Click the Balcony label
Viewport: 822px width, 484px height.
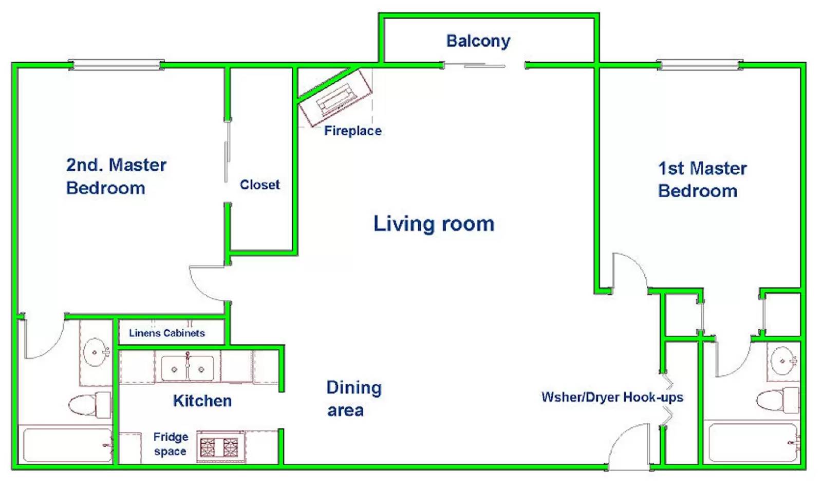tap(478, 41)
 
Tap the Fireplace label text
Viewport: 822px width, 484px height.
tap(352, 131)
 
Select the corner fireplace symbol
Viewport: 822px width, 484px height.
tap(335, 97)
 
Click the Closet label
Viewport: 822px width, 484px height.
tap(260, 185)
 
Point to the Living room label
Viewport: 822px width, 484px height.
tap(434, 224)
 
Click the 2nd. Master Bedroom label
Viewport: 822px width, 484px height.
tap(116, 176)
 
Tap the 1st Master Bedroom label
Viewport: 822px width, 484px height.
tap(702, 180)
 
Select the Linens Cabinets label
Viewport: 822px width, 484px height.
tap(167, 333)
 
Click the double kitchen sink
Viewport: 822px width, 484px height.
tap(188, 368)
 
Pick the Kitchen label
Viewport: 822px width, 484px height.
tap(202, 401)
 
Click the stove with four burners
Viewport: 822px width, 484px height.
tap(219, 447)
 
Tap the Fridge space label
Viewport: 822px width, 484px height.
tap(171, 444)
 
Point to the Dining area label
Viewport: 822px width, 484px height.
tap(354, 399)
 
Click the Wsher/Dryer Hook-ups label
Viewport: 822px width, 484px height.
tap(612, 397)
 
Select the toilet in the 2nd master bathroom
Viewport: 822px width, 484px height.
tap(90, 405)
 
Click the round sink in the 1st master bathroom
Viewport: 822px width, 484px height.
tap(783, 361)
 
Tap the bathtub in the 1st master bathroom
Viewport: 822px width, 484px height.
tap(754, 442)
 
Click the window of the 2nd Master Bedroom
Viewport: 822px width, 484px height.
tap(116, 65)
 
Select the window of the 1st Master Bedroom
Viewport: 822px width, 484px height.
tap(700, 65)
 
